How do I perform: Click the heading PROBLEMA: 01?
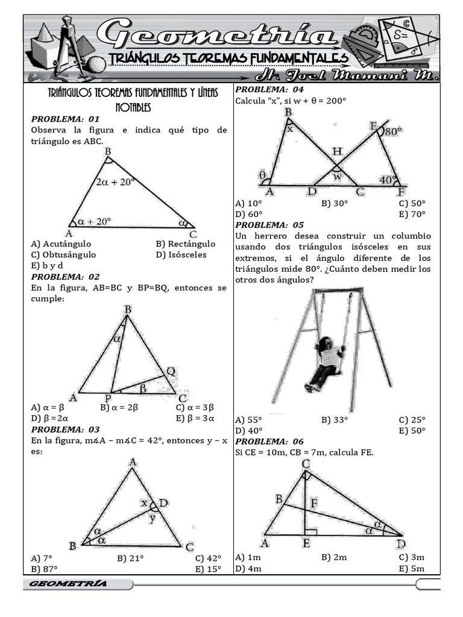(65, 119)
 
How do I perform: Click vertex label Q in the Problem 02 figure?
(171, 372)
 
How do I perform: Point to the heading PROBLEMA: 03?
(65, 430)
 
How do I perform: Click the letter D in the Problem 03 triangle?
(163, 503)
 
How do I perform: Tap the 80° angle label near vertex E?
(391, 131)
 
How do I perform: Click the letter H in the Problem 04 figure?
(337, 152)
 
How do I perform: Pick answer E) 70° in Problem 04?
(412, 214)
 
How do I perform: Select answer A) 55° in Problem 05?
(249, 420)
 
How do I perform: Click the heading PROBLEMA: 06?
(269, 441)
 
